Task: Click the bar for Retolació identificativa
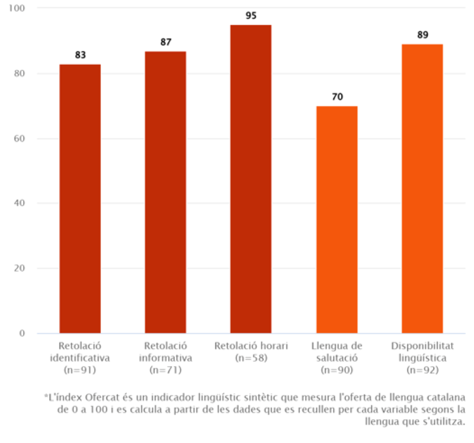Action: coord(80,198)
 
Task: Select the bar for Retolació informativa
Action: coord(165,192)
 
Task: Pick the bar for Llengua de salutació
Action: coord(337,219)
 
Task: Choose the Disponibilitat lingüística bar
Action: coord(422,188)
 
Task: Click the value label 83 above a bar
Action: coord(80,55)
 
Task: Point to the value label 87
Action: coord(165,42)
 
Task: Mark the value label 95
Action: coord(251,15)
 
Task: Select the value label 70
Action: coord(337,97)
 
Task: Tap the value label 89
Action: coord(422,35)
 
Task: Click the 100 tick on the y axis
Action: coord(28,8)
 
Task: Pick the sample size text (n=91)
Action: coord(80,370)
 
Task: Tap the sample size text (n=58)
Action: coord(251,358)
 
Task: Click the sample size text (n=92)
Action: coord(422,370)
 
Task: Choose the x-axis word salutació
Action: coord(337,358)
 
